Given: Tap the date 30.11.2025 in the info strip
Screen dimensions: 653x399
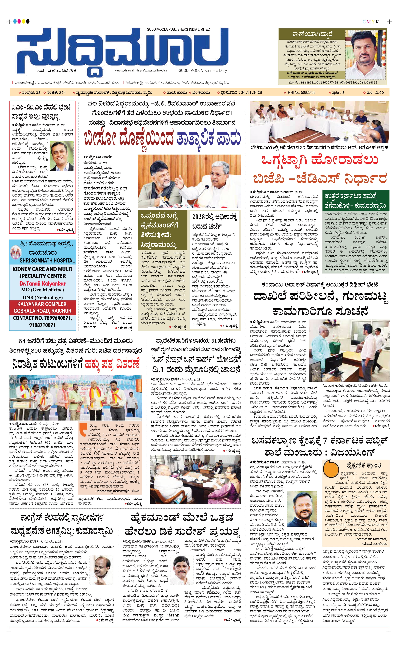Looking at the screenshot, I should click(x=251, y=92).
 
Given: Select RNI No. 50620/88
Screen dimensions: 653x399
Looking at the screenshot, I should click(x=301, y=92).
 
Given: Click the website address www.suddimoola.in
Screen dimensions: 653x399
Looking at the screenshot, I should click(x=125, y=71).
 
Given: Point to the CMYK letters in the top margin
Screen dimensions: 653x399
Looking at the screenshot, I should click(x=370, y=22).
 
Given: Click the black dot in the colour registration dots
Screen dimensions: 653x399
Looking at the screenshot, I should click(x=28, y=21).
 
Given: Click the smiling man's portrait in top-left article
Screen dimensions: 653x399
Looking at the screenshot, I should click(x=61, y=156).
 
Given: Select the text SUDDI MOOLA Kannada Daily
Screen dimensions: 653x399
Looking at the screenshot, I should click(x=203, y=71).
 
